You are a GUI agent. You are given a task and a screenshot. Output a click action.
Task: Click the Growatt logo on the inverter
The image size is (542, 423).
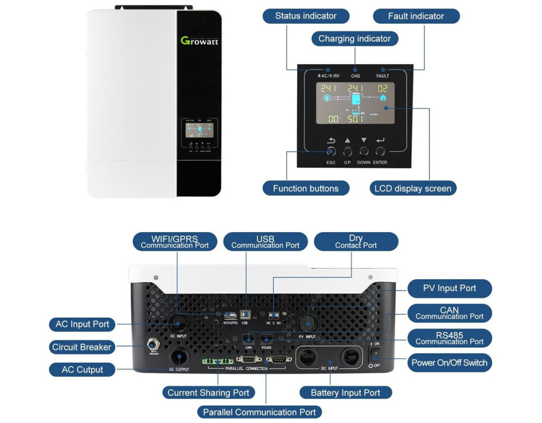[199, 41]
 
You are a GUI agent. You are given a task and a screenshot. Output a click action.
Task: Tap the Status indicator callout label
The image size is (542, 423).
[305, 16]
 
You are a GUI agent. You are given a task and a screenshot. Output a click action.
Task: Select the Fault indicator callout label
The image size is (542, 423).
[416, 16]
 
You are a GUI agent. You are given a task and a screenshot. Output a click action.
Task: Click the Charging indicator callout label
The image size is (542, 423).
[355, 39]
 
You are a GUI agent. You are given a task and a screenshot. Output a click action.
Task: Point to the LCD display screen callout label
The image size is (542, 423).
[412, 188]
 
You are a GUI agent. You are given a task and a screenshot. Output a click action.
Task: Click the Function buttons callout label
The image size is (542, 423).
[305, 188]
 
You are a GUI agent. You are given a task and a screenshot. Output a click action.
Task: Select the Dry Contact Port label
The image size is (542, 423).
[356, 242]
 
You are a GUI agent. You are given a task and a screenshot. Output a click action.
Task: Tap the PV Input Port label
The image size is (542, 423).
[449, 288]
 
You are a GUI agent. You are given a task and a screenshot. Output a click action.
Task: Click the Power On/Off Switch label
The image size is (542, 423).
[449, 363]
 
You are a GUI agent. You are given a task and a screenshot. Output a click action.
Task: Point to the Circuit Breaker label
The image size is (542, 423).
[82, 347]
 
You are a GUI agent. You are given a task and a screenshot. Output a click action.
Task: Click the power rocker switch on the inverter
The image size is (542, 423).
[376, 354]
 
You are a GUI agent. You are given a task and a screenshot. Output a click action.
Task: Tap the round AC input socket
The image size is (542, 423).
[178, 323]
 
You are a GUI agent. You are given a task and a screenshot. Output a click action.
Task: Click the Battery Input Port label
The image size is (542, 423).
[345, 392]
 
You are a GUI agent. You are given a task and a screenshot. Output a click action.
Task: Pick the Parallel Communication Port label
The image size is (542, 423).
[259, 412]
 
